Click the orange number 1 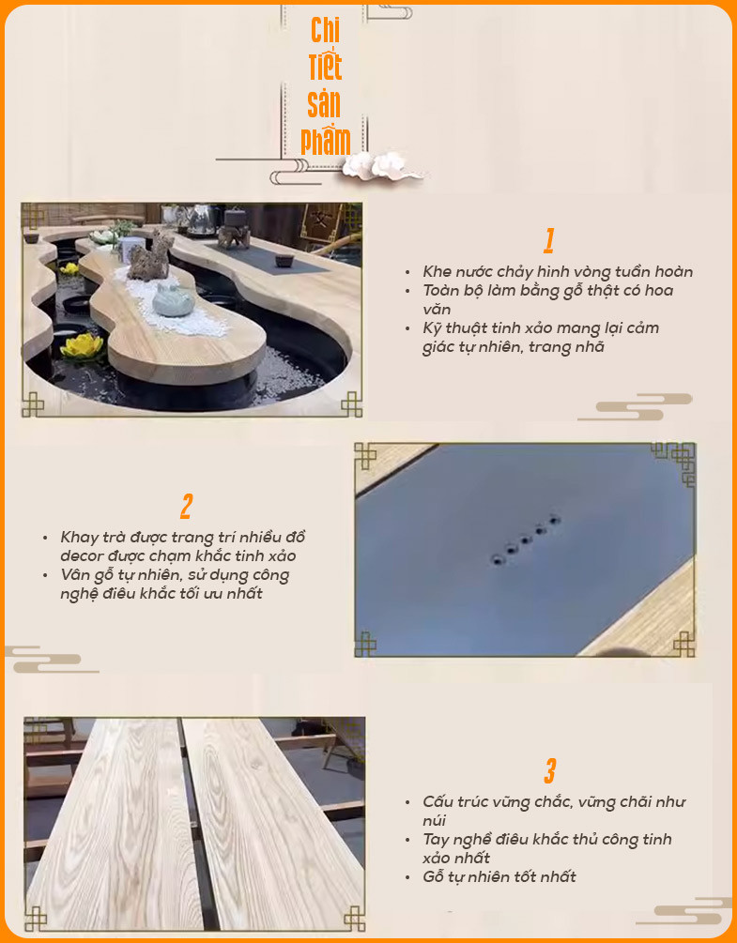click(548, 240)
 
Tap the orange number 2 click(187, 507)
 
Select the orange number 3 click(550, 771)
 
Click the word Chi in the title click(325, 30)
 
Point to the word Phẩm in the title click(326, 142)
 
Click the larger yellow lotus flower click(82, 347)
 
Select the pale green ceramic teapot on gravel click(173, 300)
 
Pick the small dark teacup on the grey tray click(284, 261)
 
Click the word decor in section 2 click(83, 555)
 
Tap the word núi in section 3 click(434, 820)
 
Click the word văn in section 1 click(437, 309)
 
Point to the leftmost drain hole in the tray click(498, 560)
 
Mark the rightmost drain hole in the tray click(554, 520)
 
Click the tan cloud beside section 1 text click(635, 407)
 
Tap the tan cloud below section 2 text click(51, 659)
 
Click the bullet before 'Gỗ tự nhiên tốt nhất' click(407, 877)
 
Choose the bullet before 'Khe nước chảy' click(407, 272)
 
